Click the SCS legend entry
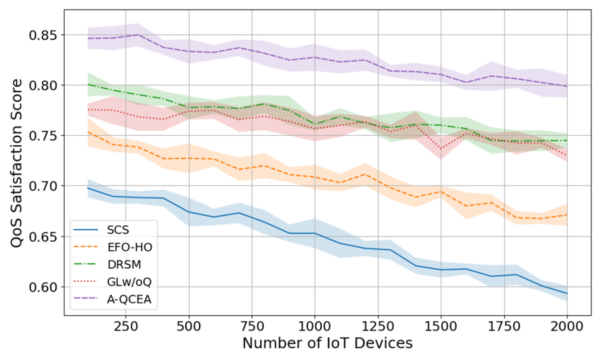118,230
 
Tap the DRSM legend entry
124,265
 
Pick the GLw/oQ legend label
129,282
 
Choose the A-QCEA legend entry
129,299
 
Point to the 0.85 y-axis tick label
43,35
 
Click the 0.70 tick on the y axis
43,186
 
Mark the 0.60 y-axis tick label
43,287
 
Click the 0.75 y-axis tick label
43,136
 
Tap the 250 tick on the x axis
126,327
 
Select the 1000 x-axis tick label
314,327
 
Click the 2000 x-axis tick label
567,327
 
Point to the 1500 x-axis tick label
440,327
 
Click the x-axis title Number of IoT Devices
327,343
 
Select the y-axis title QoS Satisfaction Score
17,163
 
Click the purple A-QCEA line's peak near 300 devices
138,35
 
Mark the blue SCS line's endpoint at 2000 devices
567,293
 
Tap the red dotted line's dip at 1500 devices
441,149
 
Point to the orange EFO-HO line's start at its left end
88,132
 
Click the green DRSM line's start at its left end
88,84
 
